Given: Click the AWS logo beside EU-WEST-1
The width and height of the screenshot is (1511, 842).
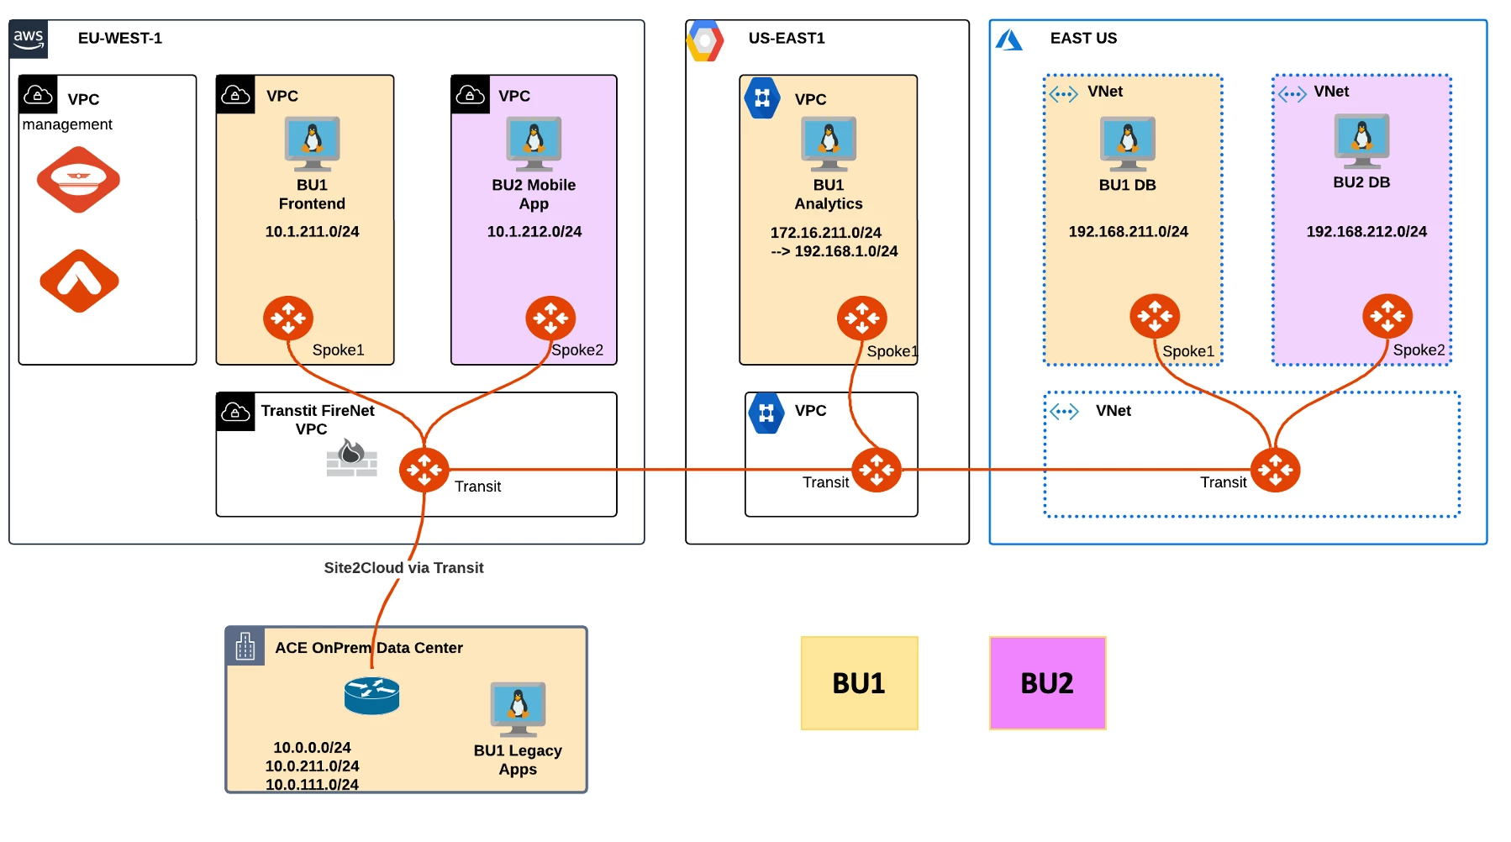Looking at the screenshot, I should tap(29, 39).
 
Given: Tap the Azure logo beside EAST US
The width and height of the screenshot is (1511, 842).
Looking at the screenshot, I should tap(1008, 39).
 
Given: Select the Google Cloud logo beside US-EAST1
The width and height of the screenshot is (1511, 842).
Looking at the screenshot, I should tap(704, 40).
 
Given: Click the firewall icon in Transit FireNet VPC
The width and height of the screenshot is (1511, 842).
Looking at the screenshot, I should tap(352, 459).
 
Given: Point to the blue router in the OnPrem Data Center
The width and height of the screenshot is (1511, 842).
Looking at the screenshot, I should tap(371, 696).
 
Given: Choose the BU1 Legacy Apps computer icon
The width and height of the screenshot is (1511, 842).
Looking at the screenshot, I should tap(518, 708).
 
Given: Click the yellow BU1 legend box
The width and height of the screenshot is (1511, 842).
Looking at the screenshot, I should tap(859, 683).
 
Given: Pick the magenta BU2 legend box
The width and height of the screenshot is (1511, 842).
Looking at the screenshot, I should tap(1047, 683).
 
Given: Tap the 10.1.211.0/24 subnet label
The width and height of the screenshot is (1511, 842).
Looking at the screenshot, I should tap(312, 232).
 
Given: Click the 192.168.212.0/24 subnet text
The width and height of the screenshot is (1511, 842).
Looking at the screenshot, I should tap(1366, 232).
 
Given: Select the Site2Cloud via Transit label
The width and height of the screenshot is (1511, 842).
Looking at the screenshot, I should tap(403, 568).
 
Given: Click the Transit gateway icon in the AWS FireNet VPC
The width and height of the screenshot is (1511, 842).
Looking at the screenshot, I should tap(424, 470).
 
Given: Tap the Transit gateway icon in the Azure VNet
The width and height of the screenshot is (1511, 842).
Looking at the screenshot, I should tap(1275, 470).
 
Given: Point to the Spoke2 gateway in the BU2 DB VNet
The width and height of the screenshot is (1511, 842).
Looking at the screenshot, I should tap(1387, 316).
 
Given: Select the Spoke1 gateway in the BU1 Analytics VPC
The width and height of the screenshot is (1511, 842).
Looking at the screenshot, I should tap(861, 318).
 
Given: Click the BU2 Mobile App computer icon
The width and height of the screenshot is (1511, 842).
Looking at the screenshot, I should tap(534, 143).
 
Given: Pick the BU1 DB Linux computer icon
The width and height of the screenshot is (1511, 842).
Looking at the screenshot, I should tap(1128, 143).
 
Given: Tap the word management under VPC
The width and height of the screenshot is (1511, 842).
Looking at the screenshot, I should tap(67, 124).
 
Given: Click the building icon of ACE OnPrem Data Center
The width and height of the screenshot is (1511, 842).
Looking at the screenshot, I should tap(245, 646).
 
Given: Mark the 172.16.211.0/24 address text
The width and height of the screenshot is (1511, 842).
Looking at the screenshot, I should tap(825, 233).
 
